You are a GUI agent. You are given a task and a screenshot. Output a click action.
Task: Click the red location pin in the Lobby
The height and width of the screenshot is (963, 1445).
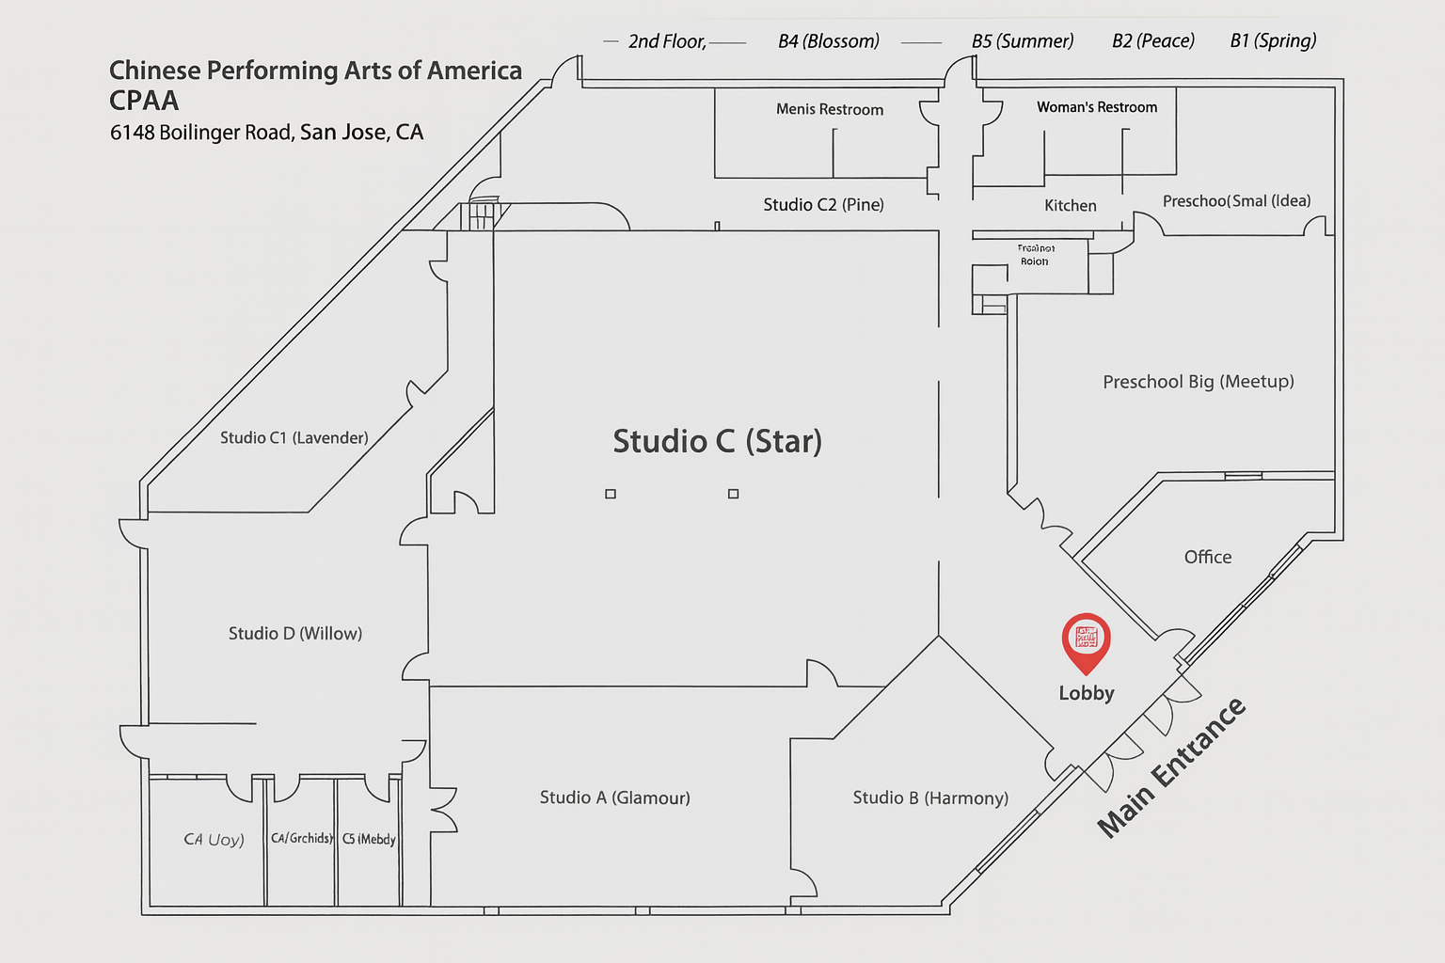click(1086, 640)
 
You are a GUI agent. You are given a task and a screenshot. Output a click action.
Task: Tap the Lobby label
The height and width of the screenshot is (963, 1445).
click(1086, 693)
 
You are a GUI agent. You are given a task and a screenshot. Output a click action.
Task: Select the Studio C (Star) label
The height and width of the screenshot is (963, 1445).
click(717, 441)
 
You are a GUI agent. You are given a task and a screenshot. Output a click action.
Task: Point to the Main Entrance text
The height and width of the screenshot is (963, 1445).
click(1172, 767)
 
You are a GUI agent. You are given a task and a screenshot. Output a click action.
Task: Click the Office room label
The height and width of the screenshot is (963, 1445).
click(1207, 557)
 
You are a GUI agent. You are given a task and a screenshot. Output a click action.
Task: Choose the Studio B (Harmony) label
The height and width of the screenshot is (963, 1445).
click(929, 797)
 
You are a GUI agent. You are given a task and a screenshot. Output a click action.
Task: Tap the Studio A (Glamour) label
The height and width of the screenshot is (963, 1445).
click(614, 797)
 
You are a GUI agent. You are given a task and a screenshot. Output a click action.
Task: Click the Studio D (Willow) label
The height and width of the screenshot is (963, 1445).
click(294, 633)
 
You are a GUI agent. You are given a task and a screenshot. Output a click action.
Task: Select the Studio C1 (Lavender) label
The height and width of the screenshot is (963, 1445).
click(294, 437)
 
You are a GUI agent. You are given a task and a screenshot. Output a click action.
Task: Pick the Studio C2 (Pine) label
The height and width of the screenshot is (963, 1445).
click(823, 204)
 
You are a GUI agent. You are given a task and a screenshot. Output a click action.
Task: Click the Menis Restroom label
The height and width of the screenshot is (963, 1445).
click(829, 109)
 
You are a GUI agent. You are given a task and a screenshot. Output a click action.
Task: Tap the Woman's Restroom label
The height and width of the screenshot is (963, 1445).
click(1097, 107)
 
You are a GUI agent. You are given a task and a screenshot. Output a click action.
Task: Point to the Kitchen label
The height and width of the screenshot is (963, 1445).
click(1070, 205)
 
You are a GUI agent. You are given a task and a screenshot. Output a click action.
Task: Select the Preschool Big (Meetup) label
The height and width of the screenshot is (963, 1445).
click(1198, 381)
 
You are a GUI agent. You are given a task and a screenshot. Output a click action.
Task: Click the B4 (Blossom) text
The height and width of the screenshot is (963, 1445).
click(828, 41)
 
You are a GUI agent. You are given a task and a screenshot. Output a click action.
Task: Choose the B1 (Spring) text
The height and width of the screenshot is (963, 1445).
click(1273, 40)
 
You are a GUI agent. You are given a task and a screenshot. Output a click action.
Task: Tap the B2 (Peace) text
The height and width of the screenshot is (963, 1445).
click(1152, 40)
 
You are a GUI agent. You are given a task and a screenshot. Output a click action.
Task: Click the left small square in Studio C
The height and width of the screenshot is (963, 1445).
click(611, 494)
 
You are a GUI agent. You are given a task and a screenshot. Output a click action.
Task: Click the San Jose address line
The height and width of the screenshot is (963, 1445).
click(266, 133)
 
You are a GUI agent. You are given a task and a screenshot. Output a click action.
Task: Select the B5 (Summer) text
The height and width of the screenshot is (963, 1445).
click(1022, 41)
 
